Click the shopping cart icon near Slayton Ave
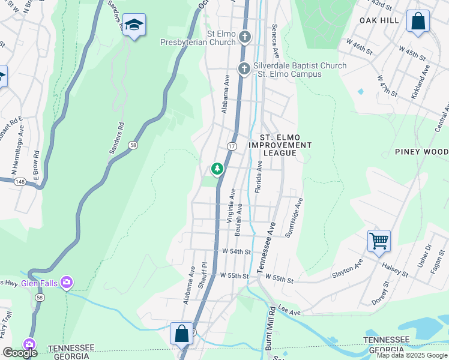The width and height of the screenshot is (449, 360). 379,241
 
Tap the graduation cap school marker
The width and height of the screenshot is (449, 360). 134,25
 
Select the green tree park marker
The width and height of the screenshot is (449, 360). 217,169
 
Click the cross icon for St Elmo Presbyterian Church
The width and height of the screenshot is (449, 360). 244,37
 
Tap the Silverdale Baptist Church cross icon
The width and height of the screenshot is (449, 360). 244,69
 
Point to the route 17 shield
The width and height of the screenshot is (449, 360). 232,146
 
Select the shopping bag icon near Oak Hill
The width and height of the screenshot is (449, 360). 418,21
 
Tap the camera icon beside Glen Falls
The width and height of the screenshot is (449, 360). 67,282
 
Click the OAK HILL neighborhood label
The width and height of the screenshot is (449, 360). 379,20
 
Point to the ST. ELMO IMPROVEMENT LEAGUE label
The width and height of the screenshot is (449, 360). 280,145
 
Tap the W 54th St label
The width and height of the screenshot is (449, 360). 235,252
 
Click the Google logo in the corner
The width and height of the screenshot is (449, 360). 20,353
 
